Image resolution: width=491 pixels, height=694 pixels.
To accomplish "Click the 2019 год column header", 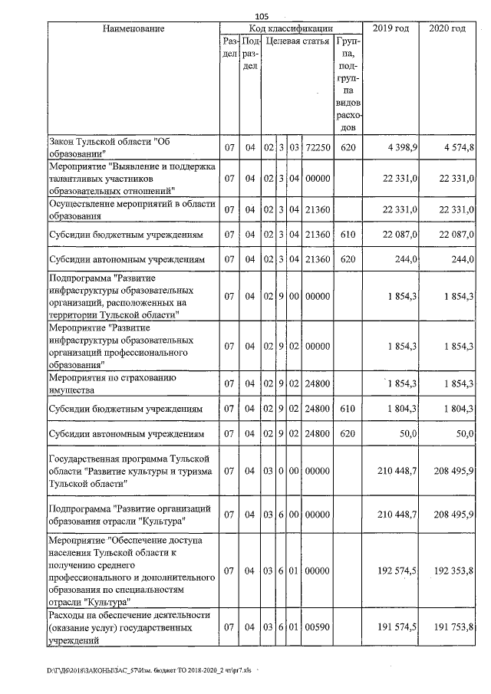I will coord(390,28).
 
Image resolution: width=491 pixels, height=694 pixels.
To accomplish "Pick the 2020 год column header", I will coord(447,28).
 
